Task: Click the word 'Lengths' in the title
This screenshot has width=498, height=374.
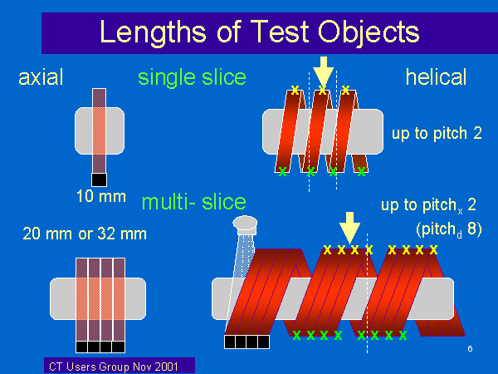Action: [153, 32]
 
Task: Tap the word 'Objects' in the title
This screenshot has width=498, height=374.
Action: [369, 32]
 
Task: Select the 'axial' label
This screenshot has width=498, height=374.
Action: [41, 77]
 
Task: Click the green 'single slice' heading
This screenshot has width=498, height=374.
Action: [192, 78]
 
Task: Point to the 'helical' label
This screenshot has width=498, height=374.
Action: [436, 77]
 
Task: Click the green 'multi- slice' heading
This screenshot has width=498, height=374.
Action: [193, 202]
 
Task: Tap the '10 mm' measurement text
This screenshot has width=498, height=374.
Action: [101, 196]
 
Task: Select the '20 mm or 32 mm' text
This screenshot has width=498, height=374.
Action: [85, 234]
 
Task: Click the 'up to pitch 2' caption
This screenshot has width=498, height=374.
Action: [437, 133]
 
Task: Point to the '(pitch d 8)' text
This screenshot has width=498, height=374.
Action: [449, 229]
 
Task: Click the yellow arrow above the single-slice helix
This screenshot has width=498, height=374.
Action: [323, 71]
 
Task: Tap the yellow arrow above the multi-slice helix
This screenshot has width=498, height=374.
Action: [349, 228]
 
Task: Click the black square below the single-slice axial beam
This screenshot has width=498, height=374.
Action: [99, 180]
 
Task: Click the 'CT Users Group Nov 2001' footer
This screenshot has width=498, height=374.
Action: [114, 367]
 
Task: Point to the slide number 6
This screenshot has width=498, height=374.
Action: [470, 348]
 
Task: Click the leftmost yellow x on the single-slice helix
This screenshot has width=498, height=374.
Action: [295, 90]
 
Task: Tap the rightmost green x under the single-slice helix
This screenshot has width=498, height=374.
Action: [361, 172]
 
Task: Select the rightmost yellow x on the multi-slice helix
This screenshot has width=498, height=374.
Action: [433, 249]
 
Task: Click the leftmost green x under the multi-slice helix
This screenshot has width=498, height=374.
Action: [296, 335]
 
